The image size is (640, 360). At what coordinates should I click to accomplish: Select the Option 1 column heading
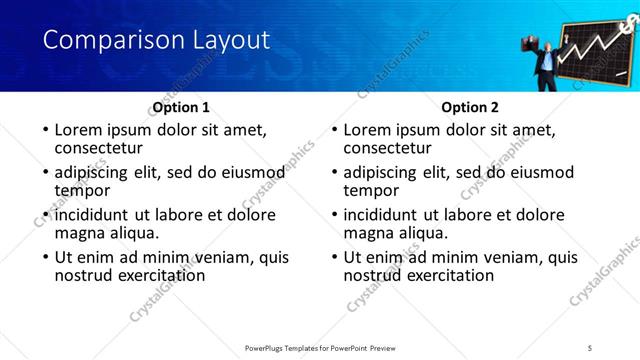[180, 107]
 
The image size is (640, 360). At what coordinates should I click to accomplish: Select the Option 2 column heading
[469, 107]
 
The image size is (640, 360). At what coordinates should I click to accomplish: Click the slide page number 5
[591, 347]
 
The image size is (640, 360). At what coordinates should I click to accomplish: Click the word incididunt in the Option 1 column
[98, 214]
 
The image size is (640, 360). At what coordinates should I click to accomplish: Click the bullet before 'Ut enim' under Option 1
[45, 257]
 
